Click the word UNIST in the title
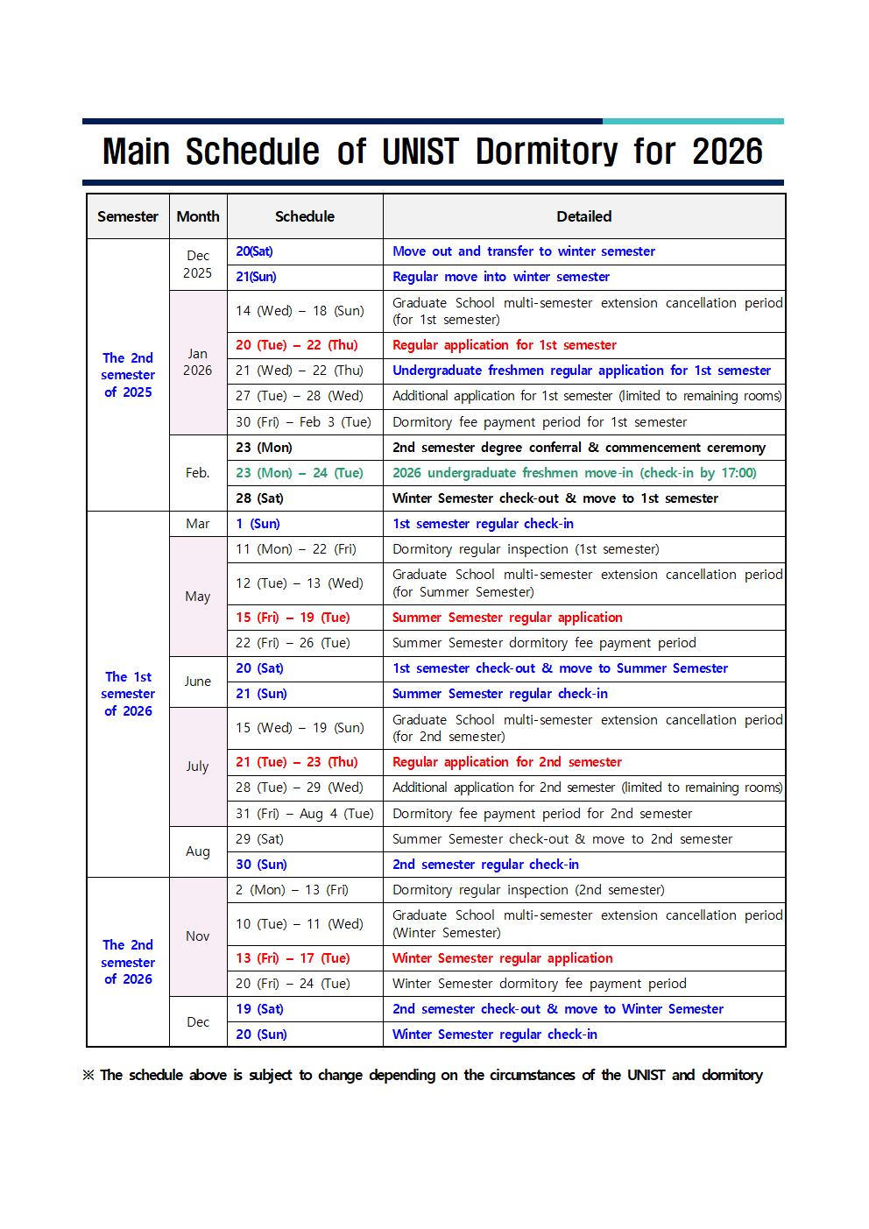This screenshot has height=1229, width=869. pos(420,152)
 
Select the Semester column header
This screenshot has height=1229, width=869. pos(128,216)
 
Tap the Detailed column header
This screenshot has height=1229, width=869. pos(583,216)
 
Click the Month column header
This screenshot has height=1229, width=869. pos(198,216)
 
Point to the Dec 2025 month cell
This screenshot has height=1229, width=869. pos(198,265)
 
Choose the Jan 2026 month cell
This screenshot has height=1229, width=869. pos(198,362)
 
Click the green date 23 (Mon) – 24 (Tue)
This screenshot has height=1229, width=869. pos(299,473)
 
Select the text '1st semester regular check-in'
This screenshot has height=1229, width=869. pos(483,524)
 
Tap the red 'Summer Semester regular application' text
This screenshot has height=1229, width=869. pos(507,618)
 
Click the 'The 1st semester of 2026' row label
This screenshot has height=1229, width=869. pos(128,694)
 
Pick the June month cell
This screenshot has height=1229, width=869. pos(198,682)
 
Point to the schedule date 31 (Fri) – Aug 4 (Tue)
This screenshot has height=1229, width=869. pos(304,814)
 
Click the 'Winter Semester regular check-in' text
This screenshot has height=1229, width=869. pos(494,1035)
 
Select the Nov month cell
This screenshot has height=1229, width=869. pos(198,936)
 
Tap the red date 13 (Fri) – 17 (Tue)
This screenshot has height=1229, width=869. pos(293,958)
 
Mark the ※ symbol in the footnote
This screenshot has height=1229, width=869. pos(88,1075)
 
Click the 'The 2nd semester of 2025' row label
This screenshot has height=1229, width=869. pos(128,375)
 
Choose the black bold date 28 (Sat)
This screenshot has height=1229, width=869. pos(259,498)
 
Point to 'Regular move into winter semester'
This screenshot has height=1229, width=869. pos(500,277)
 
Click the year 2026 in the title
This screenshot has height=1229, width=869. pos(727,152)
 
